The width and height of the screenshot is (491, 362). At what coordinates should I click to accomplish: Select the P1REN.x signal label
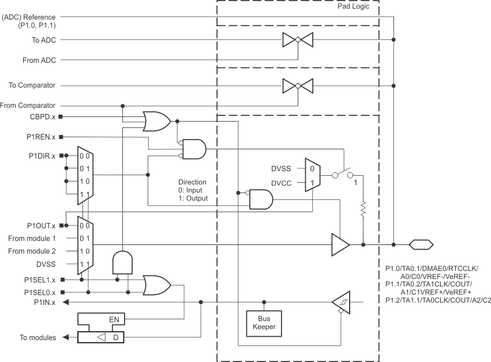pos(40,137)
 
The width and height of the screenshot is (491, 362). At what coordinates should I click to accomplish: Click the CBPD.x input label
pos(42,116)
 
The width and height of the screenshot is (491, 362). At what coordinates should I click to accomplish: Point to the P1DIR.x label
pos(42,156)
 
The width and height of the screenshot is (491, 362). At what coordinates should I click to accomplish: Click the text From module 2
pos(32,251)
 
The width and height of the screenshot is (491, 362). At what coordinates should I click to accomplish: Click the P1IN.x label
pos(44,302)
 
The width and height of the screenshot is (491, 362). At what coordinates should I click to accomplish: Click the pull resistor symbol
pos(363,209)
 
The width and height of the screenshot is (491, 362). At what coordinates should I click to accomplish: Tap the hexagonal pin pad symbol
pos(421,244)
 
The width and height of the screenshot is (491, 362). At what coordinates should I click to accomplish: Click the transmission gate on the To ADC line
pos(298,40)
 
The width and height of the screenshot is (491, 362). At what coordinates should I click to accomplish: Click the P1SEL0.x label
pos(40,292)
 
